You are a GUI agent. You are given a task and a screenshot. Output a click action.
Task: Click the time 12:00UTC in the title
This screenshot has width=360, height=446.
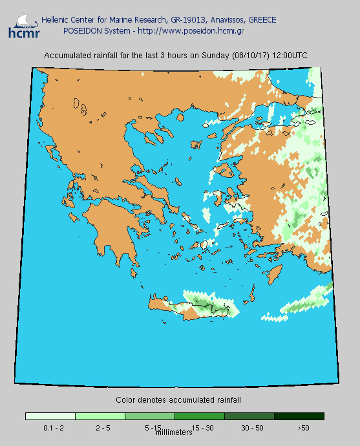click(x=290, y=56)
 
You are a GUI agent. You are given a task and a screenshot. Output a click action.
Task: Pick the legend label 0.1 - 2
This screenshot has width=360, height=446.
click(x=53, y=428)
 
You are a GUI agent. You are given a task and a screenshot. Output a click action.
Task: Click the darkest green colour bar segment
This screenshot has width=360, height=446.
click(x=299, y=416)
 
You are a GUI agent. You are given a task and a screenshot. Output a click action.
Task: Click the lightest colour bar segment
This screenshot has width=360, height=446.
click(x=50, y=416)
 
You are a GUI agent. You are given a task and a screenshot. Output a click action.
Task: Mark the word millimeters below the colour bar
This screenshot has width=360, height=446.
click(x=175, y=432)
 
